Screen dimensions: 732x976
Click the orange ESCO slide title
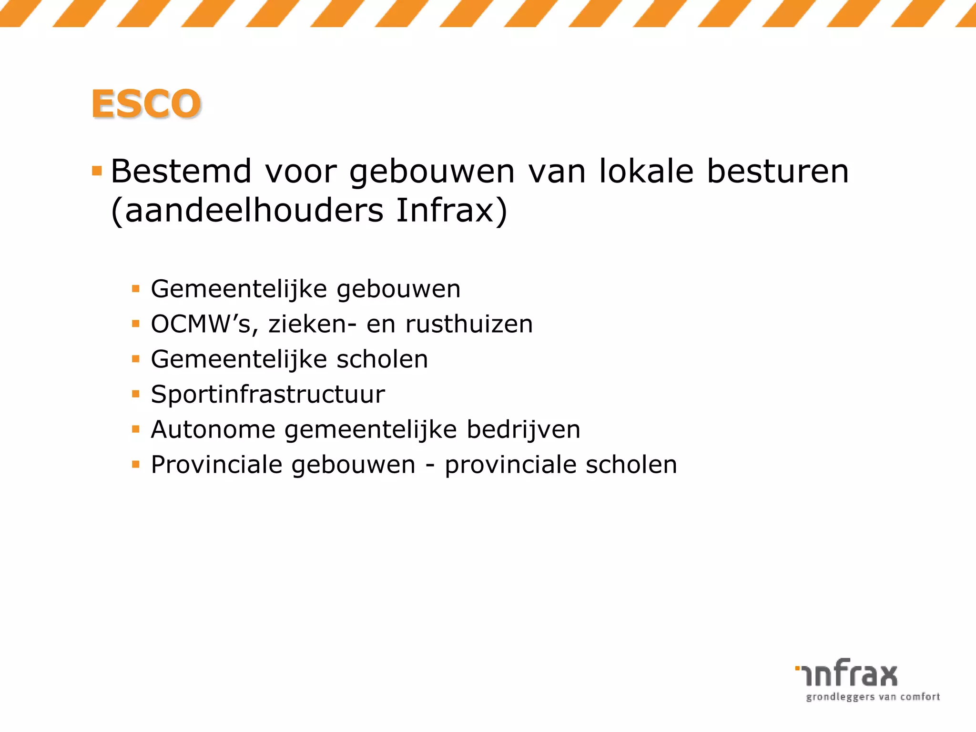pos(146,104)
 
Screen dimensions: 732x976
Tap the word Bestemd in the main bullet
pos(181,171)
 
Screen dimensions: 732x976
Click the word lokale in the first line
pos(646,171)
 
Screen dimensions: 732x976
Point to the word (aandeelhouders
pos(247,211)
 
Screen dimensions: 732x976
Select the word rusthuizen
pos(469,325)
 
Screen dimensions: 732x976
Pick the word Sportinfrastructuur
pos(268,395)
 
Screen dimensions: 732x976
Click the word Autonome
pos(213,429)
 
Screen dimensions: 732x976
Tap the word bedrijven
pos(523,429)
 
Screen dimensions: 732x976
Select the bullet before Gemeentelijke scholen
pos(136,359)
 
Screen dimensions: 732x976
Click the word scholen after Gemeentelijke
pos(382,359)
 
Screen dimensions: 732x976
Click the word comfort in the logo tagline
pos(920,697)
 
